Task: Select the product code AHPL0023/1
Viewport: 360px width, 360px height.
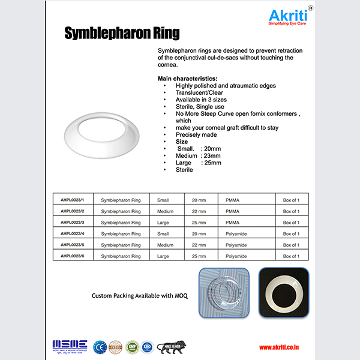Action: click(69, 199)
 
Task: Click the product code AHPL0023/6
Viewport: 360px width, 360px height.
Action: click(69, 256)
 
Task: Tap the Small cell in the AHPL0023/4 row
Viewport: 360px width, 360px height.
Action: click(163, 233)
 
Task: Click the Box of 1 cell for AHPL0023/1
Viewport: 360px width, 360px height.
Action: click(292, 199)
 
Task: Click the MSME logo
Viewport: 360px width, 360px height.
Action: click(70, 346)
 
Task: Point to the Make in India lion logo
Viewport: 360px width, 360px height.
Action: click(172, 346)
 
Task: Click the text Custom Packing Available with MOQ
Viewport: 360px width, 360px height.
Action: click(139, 296)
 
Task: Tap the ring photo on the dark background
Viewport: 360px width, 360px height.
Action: click(284, 292)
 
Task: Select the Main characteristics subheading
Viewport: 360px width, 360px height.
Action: click(187, 79)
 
